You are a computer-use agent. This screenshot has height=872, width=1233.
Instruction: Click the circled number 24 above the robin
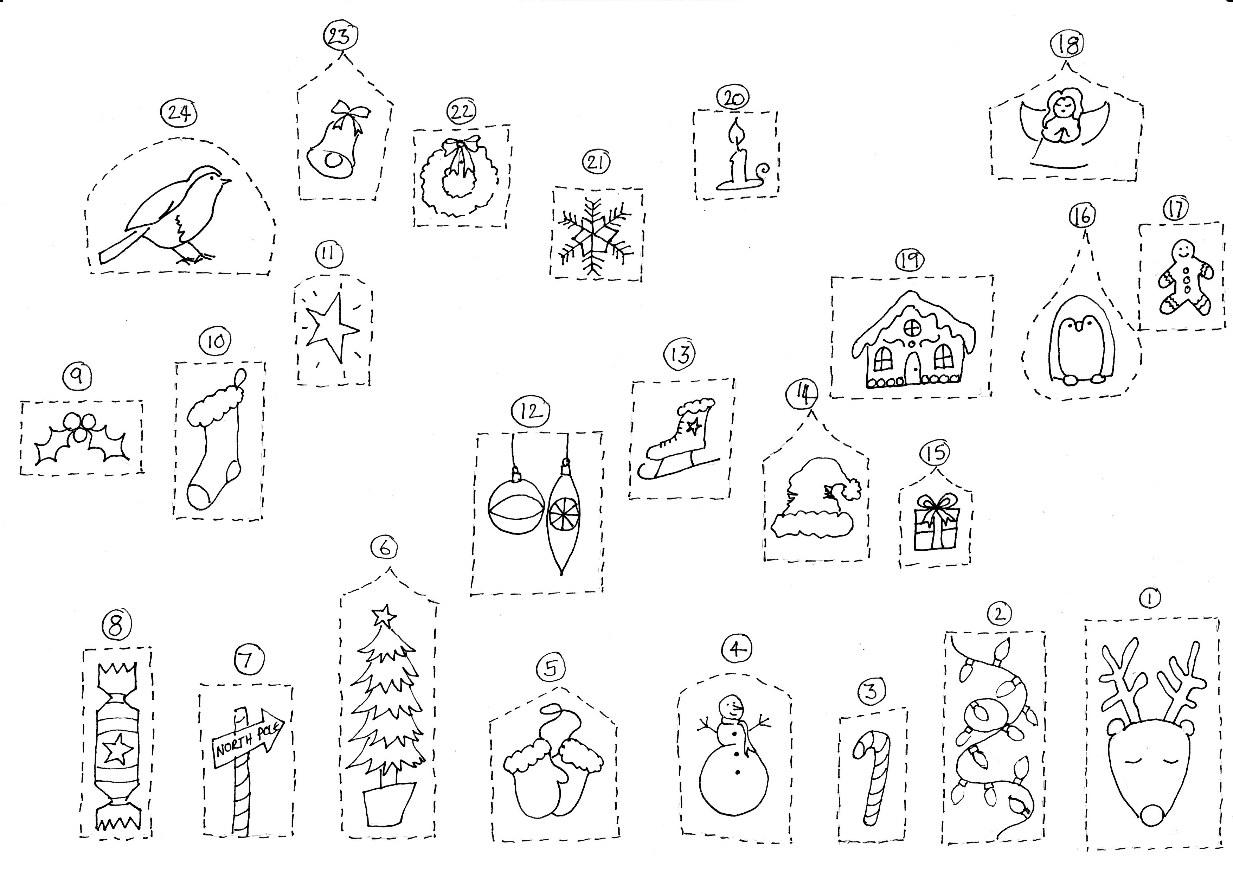point(179,114)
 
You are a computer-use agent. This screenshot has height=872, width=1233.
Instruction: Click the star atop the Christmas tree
point(384,615)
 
